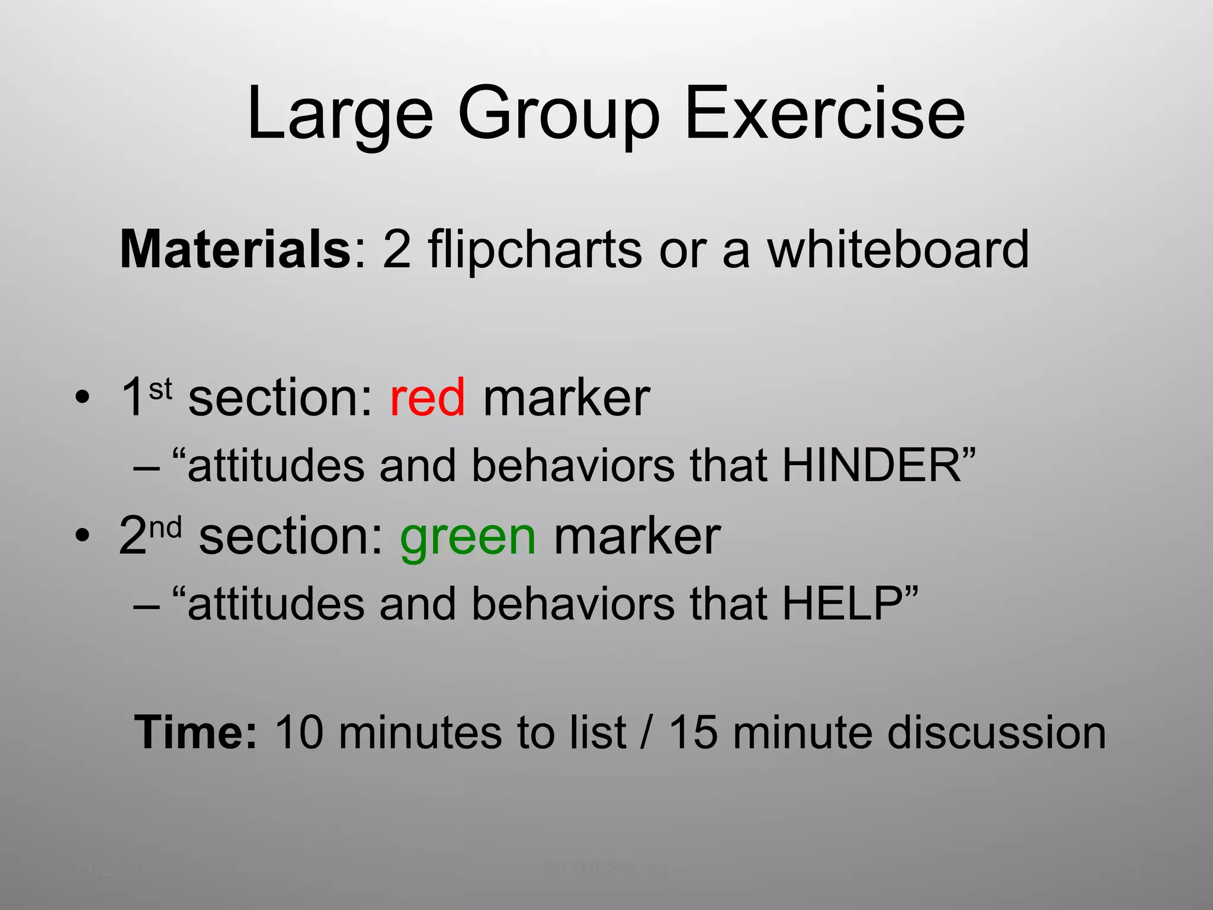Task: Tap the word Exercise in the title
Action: coord(824,114)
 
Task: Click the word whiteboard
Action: coord(898,249)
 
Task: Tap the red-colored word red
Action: coord(427,398)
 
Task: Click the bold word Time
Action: coord(195,733)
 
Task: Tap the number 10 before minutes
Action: coord(299,733)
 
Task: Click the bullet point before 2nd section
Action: coord(83,536)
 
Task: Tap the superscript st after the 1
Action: coord(160,389)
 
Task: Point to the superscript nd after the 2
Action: coord(165,527)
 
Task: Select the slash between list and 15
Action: coord(647,733)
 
